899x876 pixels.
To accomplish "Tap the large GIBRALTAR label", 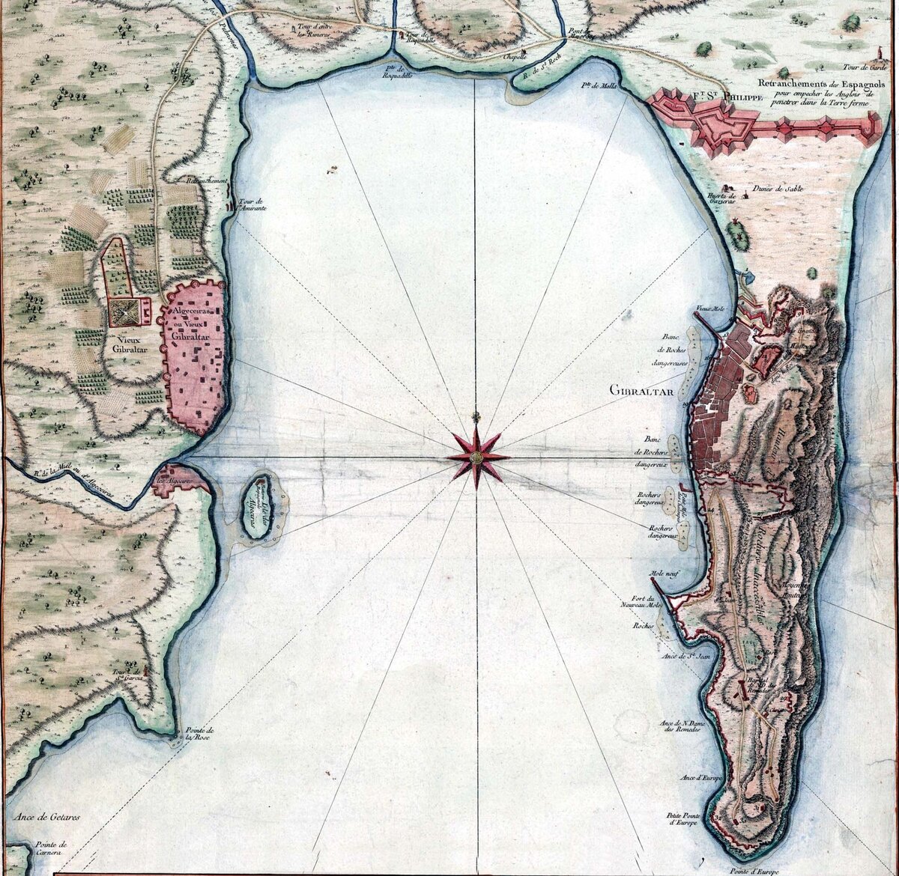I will coord(642,390).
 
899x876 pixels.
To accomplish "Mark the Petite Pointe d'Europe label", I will coord(684,818).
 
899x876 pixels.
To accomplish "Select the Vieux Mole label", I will coord(708,307).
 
